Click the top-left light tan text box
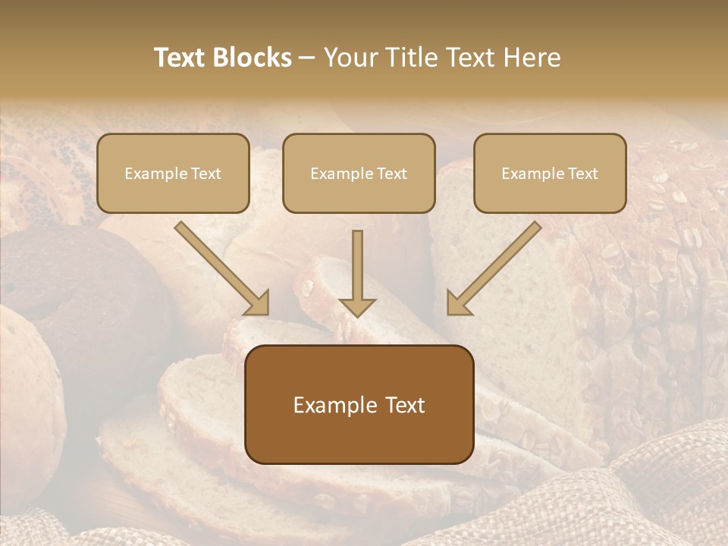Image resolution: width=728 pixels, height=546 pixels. click(x=173, y=173)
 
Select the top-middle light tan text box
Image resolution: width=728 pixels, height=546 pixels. click(x=359, y=173)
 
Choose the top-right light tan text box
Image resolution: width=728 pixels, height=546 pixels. click(x=550, y=173)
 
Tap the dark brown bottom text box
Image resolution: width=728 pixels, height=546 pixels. click(x=359, y=404)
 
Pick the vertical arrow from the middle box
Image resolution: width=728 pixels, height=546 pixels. click(x=357, y=269)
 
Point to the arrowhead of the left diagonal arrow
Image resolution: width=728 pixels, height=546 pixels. click(x=258, y=303)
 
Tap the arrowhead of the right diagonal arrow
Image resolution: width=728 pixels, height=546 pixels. click(x=458, y=303)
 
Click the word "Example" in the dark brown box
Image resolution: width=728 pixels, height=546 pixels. click(x=334, y=405)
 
